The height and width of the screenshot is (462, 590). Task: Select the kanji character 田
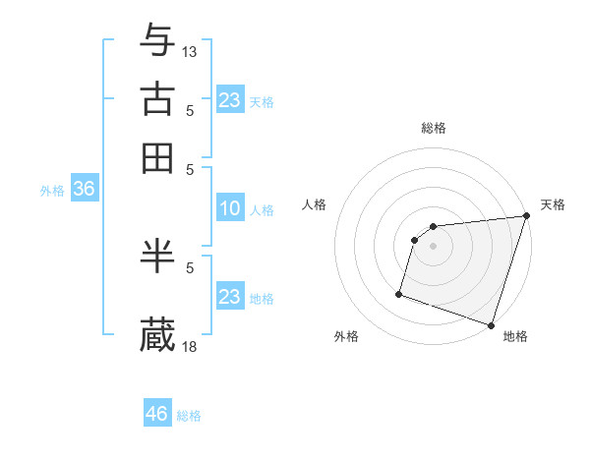(158, 157)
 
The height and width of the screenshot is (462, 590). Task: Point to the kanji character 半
(158, 256)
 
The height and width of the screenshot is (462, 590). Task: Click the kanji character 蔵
(158, 334)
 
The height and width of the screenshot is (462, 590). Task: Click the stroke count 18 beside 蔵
(190, 346)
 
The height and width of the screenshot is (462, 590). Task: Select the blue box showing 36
(84, 190)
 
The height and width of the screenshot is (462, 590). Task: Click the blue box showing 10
(229, 208)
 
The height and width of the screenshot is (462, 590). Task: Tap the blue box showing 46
(157, 414)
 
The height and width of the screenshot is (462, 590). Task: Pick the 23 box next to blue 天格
(229, 100)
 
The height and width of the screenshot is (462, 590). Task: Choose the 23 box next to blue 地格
(229, 297)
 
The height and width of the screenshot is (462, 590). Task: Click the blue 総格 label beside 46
(189, 416)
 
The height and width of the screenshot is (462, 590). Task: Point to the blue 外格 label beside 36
(52, 192)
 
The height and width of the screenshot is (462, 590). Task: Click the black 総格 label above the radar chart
(434, 128)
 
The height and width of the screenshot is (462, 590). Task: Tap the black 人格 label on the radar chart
(315, 204)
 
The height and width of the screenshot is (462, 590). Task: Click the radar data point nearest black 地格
(491, 324)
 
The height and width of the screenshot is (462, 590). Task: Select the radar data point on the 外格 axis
(399, 293)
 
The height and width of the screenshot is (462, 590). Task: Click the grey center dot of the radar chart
(434, 246)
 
